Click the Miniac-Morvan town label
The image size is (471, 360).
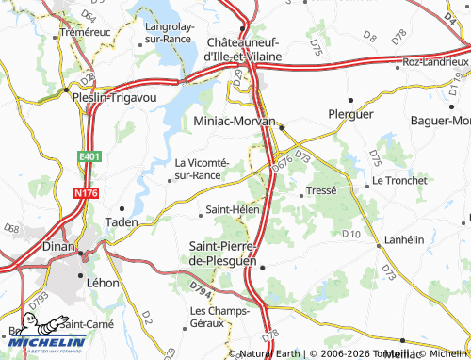click(x=233, y=122)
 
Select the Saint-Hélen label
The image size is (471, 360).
click(x=233, y=209)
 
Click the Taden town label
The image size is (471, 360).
click(x=121, y=222)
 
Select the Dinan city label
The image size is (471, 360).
click(x=61, y=246)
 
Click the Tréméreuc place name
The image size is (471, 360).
click(x=87, y=32)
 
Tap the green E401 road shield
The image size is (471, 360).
click(x=89, y=156)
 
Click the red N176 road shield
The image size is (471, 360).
click(x=85, y=193)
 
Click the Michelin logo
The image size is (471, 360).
click(x=44, y=342)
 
